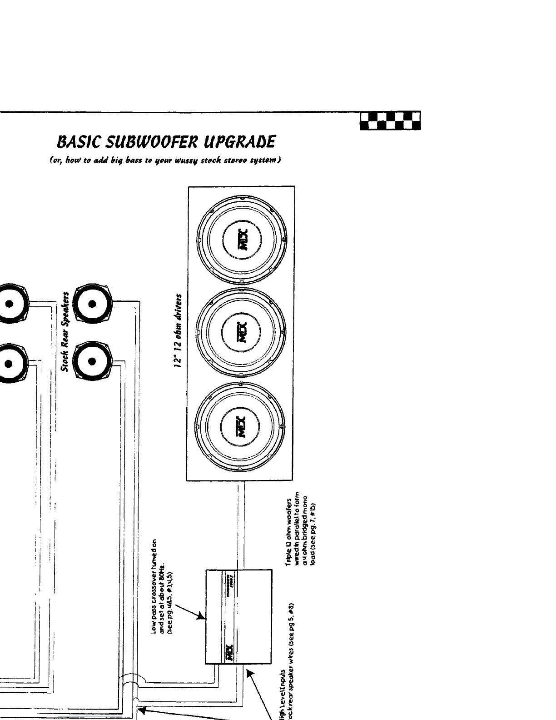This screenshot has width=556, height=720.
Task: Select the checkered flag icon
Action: click(x=390, y=121)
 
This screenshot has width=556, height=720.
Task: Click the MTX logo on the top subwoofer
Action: click(x=241, y=241)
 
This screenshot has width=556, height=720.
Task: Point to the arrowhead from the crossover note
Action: click(x=201, y=617)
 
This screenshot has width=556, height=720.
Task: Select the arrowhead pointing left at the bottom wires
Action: click(x=141, y=710)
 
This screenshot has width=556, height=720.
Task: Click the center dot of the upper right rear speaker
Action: click(x=92, y=305)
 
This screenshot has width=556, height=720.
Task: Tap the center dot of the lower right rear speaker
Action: click(x=92, y=362)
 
